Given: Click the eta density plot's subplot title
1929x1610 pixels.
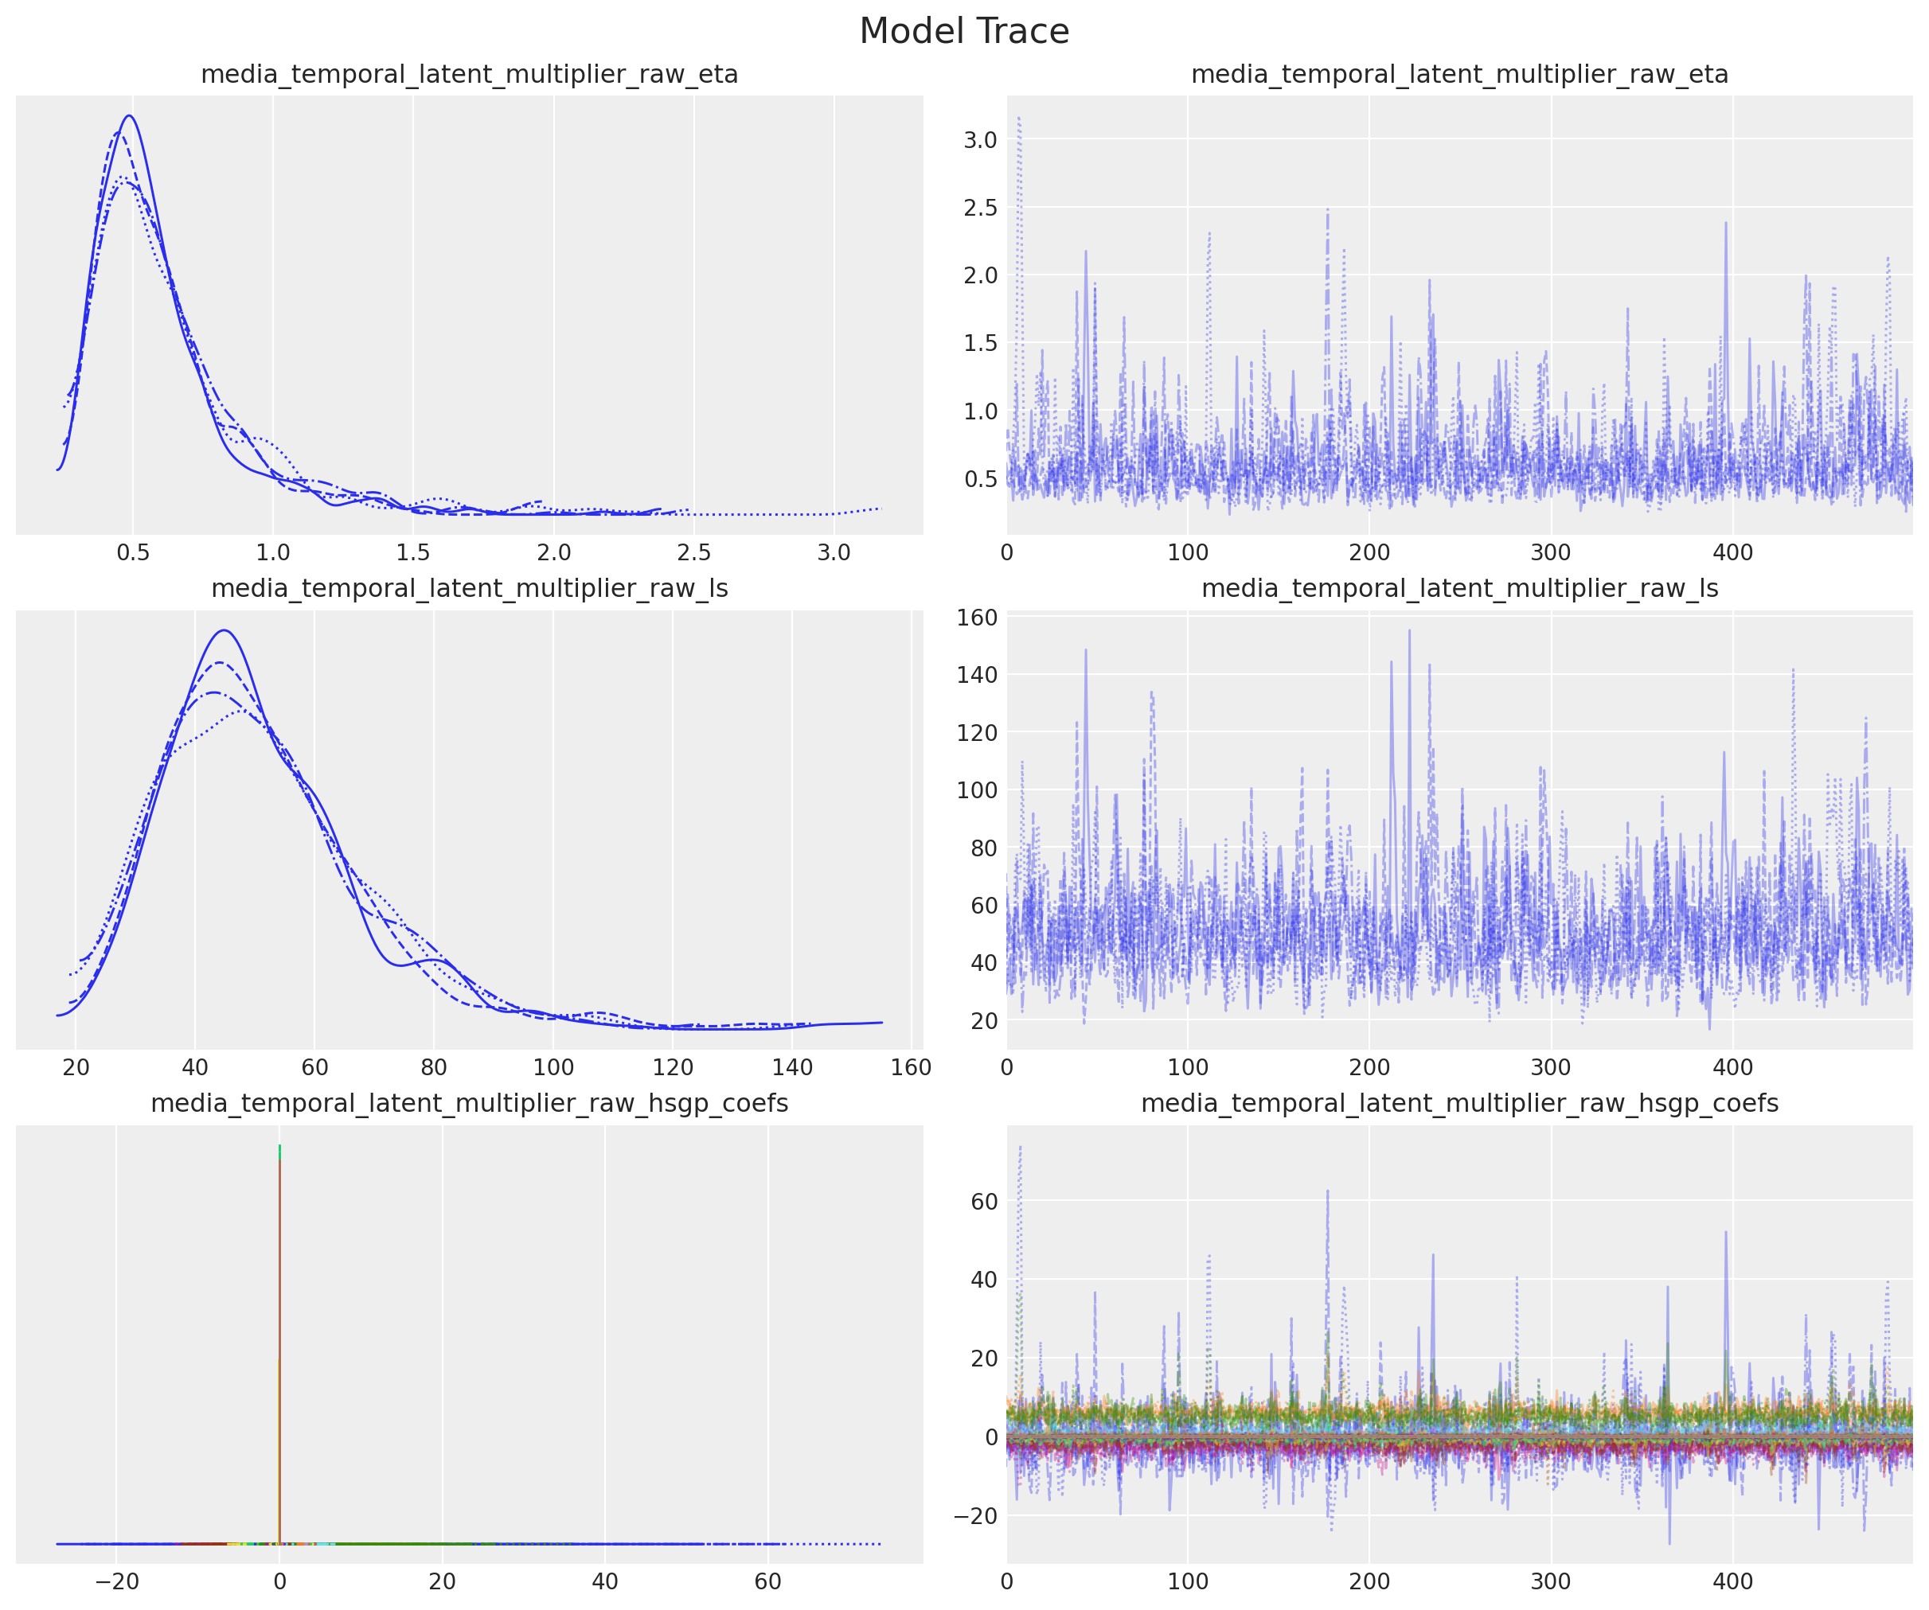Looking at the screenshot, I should pos(470,74).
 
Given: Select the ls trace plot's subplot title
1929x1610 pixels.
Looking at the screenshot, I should pos(1459,589).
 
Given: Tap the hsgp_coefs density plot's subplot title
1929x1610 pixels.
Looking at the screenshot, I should pos(470,1103).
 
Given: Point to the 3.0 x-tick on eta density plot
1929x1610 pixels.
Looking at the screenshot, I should pos(834,553).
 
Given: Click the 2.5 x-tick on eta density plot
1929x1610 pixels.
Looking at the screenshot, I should pos(693,553).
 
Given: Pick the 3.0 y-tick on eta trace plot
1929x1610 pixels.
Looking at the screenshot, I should pos(979,139).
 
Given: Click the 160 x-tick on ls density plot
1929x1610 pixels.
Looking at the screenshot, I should pos(912,1067).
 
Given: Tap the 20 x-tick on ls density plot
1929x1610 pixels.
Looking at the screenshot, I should pos(76,1067).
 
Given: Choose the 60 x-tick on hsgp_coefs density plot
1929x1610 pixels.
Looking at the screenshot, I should pos(768,1581).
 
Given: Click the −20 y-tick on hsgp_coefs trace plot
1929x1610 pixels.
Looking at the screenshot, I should pos(975,1515).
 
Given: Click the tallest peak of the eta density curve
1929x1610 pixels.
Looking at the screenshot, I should pos(130,115).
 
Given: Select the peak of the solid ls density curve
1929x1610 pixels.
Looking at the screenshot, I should pos(223,630).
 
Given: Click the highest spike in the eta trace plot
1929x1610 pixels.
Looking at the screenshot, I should pos(1019,118).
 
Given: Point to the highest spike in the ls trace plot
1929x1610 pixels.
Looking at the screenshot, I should pos(1409,630).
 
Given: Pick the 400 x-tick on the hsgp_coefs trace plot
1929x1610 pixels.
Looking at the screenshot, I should pos(1732,1581).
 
